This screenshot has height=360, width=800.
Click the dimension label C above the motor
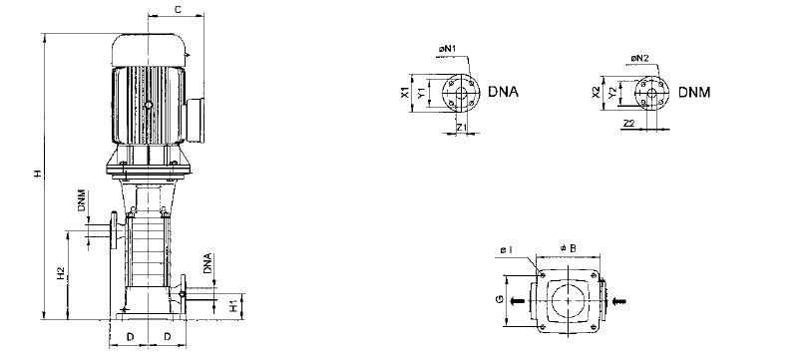point(178,9)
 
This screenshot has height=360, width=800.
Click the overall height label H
point(37,175)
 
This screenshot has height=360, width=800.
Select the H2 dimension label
point(61,274)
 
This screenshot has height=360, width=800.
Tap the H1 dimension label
point(233,306)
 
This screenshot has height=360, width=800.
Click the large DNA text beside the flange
point(503,92)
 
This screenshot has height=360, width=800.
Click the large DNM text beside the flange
point(694,93)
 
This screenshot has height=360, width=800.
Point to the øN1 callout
point(447,49)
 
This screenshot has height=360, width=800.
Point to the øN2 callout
point(639,59)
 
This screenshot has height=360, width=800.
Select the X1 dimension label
point(404,93)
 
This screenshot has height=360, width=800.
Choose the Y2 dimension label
point(611,93)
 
